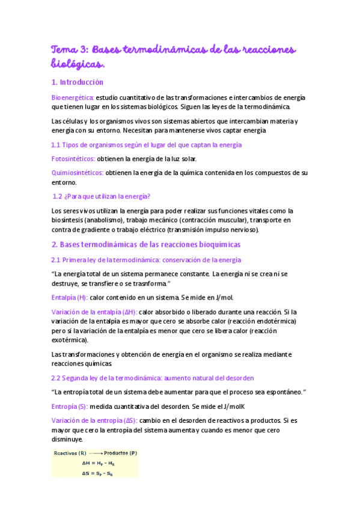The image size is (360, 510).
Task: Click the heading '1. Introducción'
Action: click(x=78, y=82)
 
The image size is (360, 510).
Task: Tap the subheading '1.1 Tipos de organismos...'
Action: click(x=147, y=145)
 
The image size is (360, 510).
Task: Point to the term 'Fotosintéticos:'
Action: click(x=73, y=159)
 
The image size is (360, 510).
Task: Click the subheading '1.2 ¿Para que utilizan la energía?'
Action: click(x=102, y=196)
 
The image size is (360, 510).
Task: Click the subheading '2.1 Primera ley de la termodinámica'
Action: click(x=147, y=260)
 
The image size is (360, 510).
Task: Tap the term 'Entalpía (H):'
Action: click(x=70, y=298)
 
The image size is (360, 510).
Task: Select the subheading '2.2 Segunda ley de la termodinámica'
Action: click(x=153, y=378)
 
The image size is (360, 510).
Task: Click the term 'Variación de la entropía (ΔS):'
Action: click(x=94, y=420)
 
